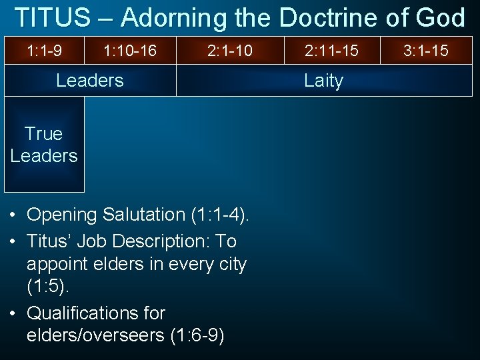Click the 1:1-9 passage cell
click(44, 50)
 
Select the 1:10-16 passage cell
click(130, 50)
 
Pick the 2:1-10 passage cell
click(230, 50)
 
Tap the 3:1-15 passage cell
click(426, 50)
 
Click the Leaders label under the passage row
click(90, 81)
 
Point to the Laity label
click(323, 81)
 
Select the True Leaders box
click(44, 145)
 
